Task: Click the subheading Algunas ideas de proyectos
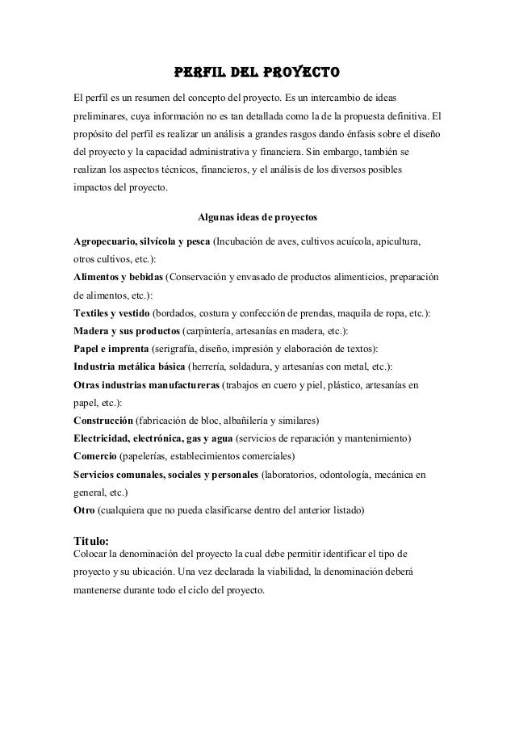[x=257, y=217]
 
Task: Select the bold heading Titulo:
[x=90, y=540]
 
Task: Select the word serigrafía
[x=178, y=349]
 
